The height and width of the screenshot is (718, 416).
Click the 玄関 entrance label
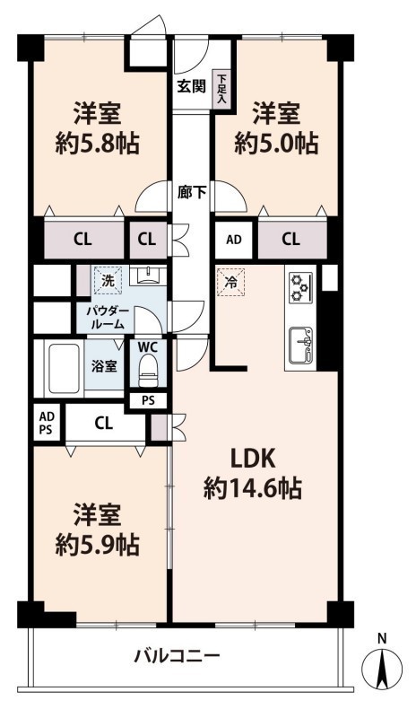tap(192, 86)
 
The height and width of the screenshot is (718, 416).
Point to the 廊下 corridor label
tap(192, 192)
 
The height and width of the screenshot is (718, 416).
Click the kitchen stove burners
tap(300, 287)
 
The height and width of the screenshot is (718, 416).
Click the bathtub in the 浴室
tap(65, 369)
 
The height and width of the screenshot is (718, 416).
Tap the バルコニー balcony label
tap(178, 657)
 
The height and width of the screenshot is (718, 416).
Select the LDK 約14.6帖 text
tap(253, 475)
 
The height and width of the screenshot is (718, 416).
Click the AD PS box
tap(47, 423)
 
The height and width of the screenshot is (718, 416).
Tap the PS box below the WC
tap(148, 400)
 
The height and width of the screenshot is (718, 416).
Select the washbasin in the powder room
tap(148, 276)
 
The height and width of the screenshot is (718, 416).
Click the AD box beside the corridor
tap(234, 240)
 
